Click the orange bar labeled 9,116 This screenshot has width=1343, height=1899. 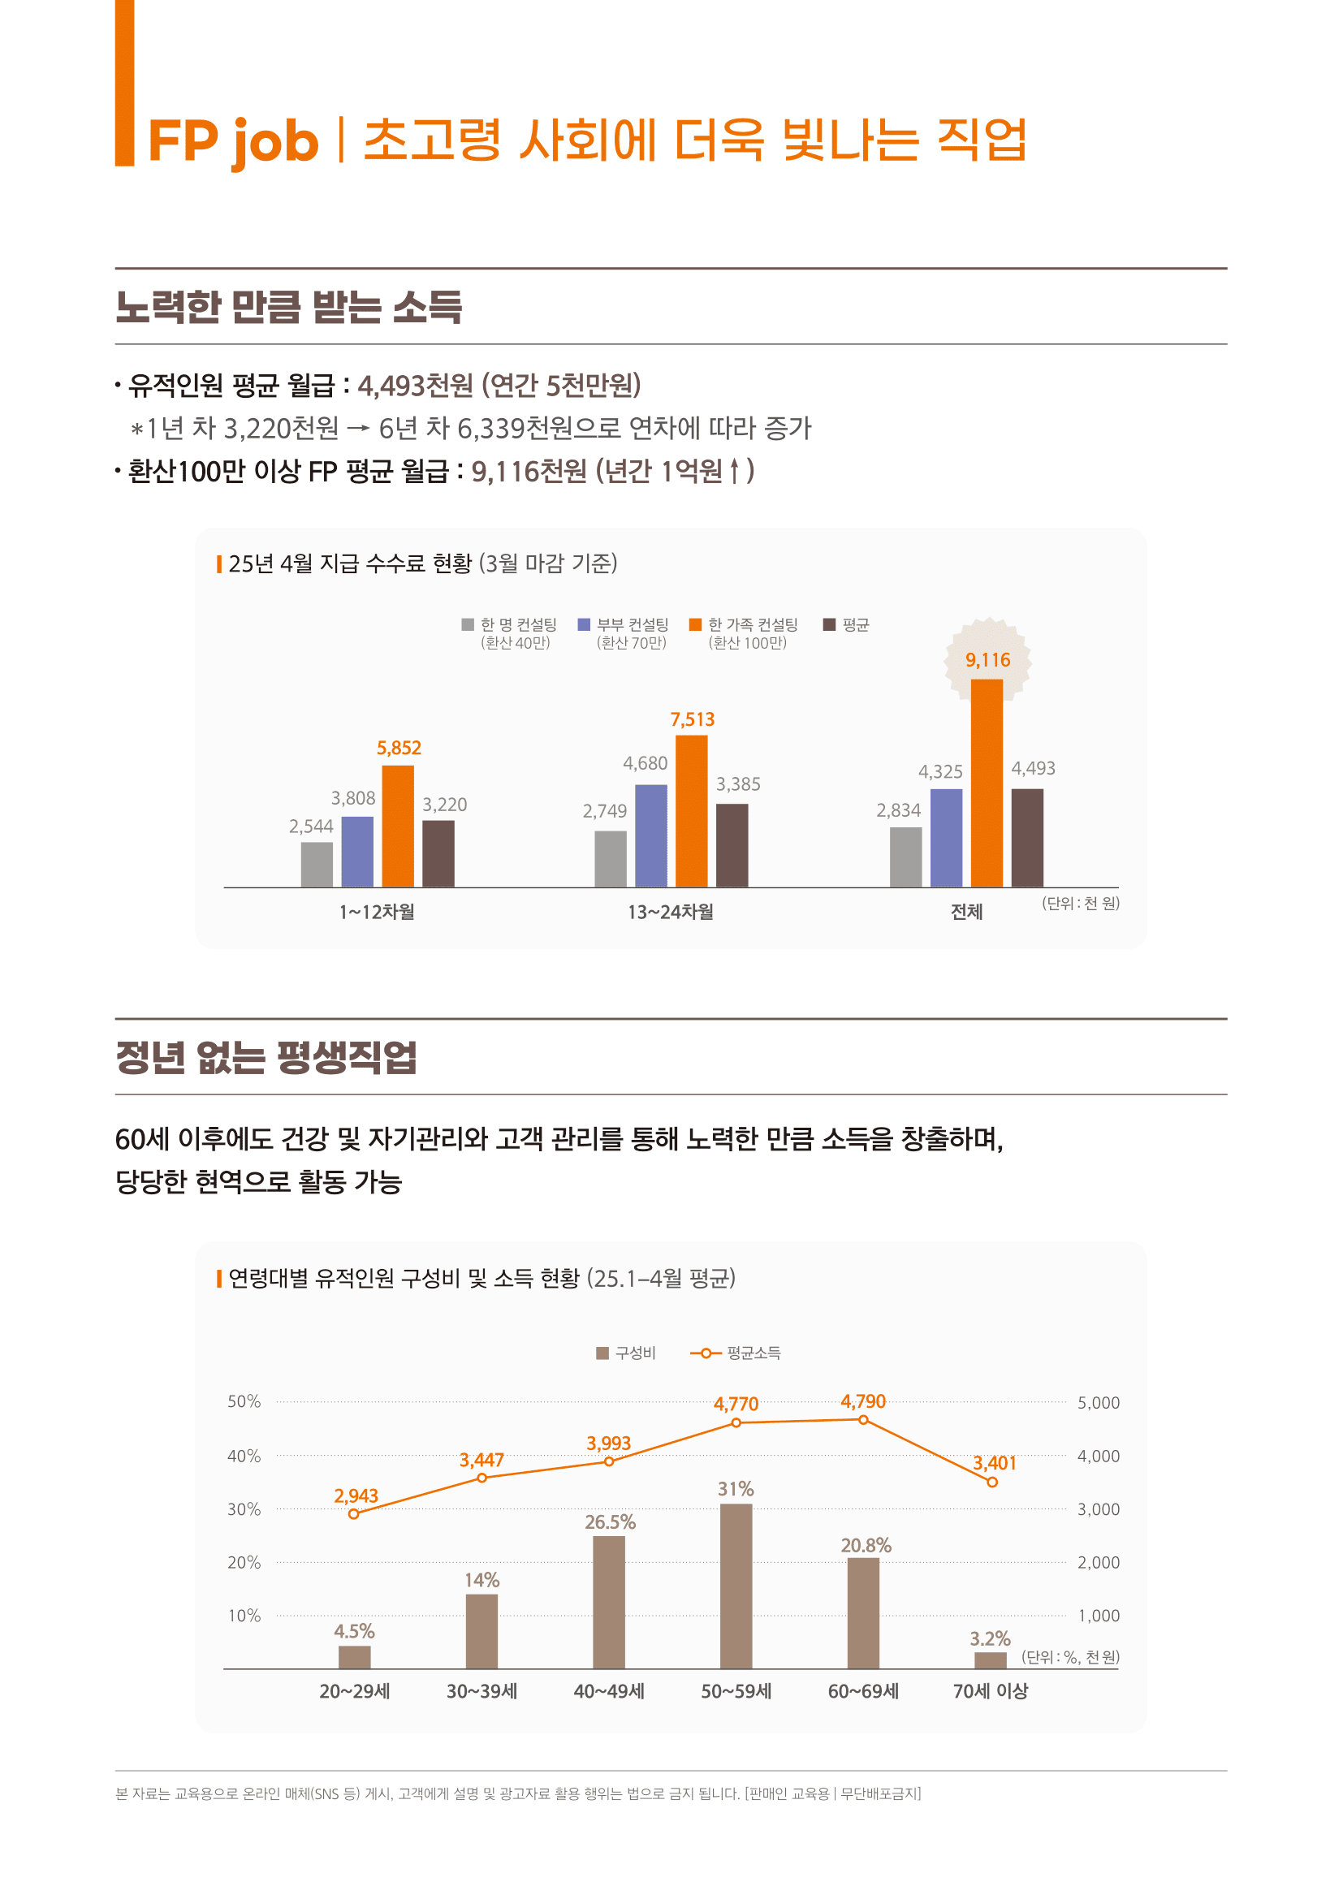tap(986, 783)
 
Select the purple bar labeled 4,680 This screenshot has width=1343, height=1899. tap(651, 835)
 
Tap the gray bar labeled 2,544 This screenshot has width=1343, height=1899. tap(317, 865)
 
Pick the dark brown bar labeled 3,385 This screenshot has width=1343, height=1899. tap(732, 844)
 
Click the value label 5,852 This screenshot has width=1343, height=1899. tap(399, 748)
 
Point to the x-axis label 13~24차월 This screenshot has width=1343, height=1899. tap(670, 912)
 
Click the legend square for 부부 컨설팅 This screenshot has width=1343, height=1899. tap(584, 624)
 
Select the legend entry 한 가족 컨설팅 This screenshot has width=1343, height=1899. tap(752, 624)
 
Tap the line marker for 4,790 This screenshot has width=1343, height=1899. tap(862, 1419)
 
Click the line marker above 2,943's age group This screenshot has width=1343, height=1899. tap(354, 1513)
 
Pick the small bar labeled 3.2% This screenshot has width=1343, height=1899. tap(990, 1660)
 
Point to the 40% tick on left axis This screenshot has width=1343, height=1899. tap(244, 1456)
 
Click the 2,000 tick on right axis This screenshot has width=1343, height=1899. tap(1098, 1562)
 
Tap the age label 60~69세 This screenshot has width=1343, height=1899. tap(862, 1691)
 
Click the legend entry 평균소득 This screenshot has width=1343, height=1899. tap(753, 1353)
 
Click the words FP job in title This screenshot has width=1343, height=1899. tap(233, 140)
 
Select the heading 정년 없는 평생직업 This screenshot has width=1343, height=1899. tap(266, 1057)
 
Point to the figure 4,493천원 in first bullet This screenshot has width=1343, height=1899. tap(415, 385)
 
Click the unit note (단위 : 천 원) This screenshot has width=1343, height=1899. tap(1080, 903)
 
